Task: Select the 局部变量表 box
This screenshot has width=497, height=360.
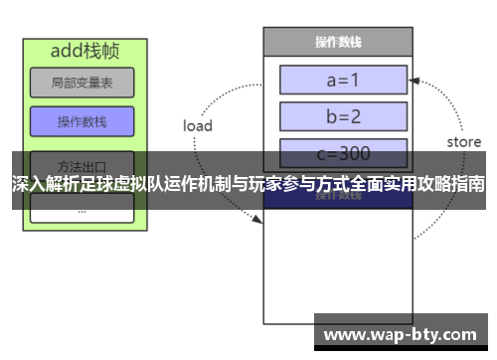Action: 82,84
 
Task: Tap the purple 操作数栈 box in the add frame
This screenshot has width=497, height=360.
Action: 82,122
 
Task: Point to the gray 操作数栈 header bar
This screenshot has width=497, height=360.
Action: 337,42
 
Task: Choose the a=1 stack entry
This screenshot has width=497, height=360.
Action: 343,80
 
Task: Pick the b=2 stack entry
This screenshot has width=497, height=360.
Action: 343,115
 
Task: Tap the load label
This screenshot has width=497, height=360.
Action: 198,126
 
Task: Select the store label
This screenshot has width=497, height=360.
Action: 463,142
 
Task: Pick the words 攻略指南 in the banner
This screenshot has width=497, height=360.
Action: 452,185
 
